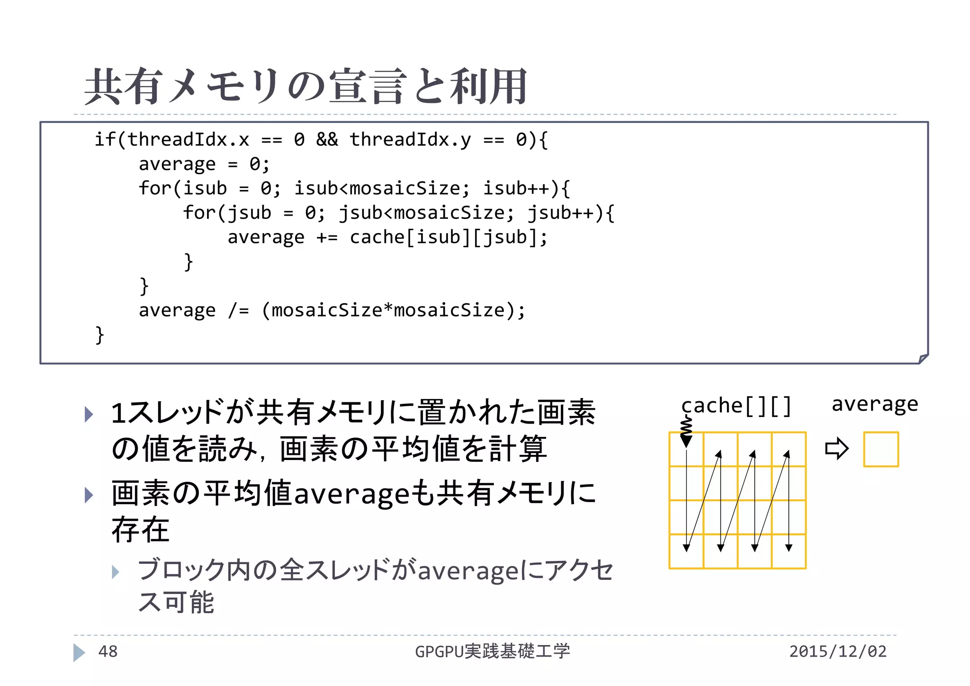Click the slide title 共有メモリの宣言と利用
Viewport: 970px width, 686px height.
click(x=305, y=86)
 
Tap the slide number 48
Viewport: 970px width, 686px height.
click(x=108, y=651)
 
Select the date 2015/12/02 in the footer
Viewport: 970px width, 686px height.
click(x=837, y=651)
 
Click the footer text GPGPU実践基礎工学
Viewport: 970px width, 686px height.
click(x=492, y=651)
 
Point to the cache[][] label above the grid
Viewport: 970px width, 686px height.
click(x=736, y=406)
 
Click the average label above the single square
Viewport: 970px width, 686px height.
click(x=875, y=404)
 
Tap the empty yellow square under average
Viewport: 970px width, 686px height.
click(x=880, y=449)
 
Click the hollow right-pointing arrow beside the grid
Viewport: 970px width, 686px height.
click(x=836, y=449)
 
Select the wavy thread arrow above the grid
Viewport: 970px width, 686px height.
click(x=686, y=431)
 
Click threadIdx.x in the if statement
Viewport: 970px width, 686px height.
click(x=188, y=140)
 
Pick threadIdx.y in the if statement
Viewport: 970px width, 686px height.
click(x=410, y=140)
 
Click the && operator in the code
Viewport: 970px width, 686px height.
click(x=327, y=140)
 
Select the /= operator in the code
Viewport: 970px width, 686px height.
click(x=238, y=310)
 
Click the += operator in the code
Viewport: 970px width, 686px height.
click(x=327, y=237)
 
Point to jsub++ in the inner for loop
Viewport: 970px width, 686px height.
click(x=561, y=213)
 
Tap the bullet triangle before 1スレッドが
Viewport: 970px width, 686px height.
click(x=89, y=415)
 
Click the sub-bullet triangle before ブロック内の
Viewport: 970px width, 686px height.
click(x=116, y=572)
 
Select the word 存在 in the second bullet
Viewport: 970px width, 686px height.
click(x=140, y=530)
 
